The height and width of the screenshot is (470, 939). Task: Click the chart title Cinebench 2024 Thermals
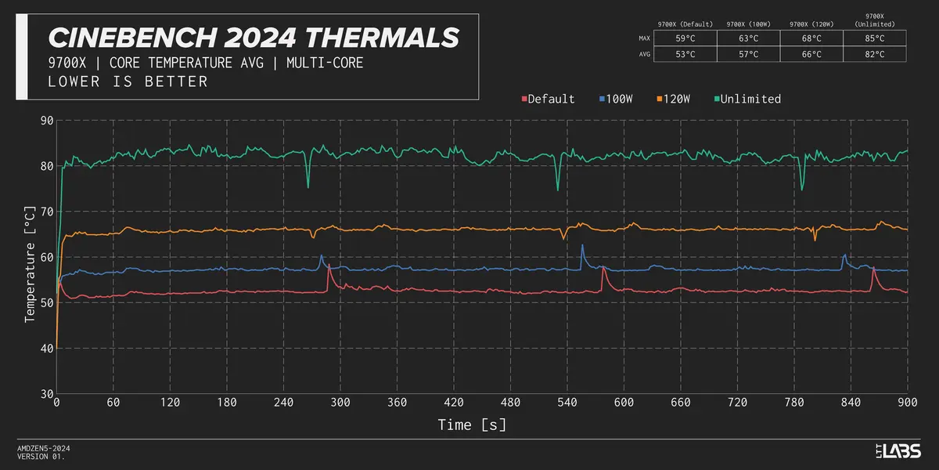coord(254,37)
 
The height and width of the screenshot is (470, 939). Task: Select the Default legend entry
coord(548,99)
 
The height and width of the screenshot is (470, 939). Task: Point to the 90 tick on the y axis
coord(45,121)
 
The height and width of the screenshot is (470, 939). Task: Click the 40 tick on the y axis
coord(45,349)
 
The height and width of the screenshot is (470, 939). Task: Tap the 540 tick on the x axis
coord(567,403)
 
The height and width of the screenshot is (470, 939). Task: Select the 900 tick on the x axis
coord(907,403)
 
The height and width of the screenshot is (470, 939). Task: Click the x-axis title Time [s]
coord(471,425)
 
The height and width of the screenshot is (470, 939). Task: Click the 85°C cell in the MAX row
coord(874,38)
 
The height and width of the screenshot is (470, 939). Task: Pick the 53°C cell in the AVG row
coord(685,55)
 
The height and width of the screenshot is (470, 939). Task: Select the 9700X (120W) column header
coord(811,24)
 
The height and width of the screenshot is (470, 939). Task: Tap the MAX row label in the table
coord(645,38)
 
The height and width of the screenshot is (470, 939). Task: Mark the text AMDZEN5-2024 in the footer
coord(44,448)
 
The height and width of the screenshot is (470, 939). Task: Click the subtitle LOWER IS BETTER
coord(128,81)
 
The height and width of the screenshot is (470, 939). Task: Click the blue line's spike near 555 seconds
coord(581,246)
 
